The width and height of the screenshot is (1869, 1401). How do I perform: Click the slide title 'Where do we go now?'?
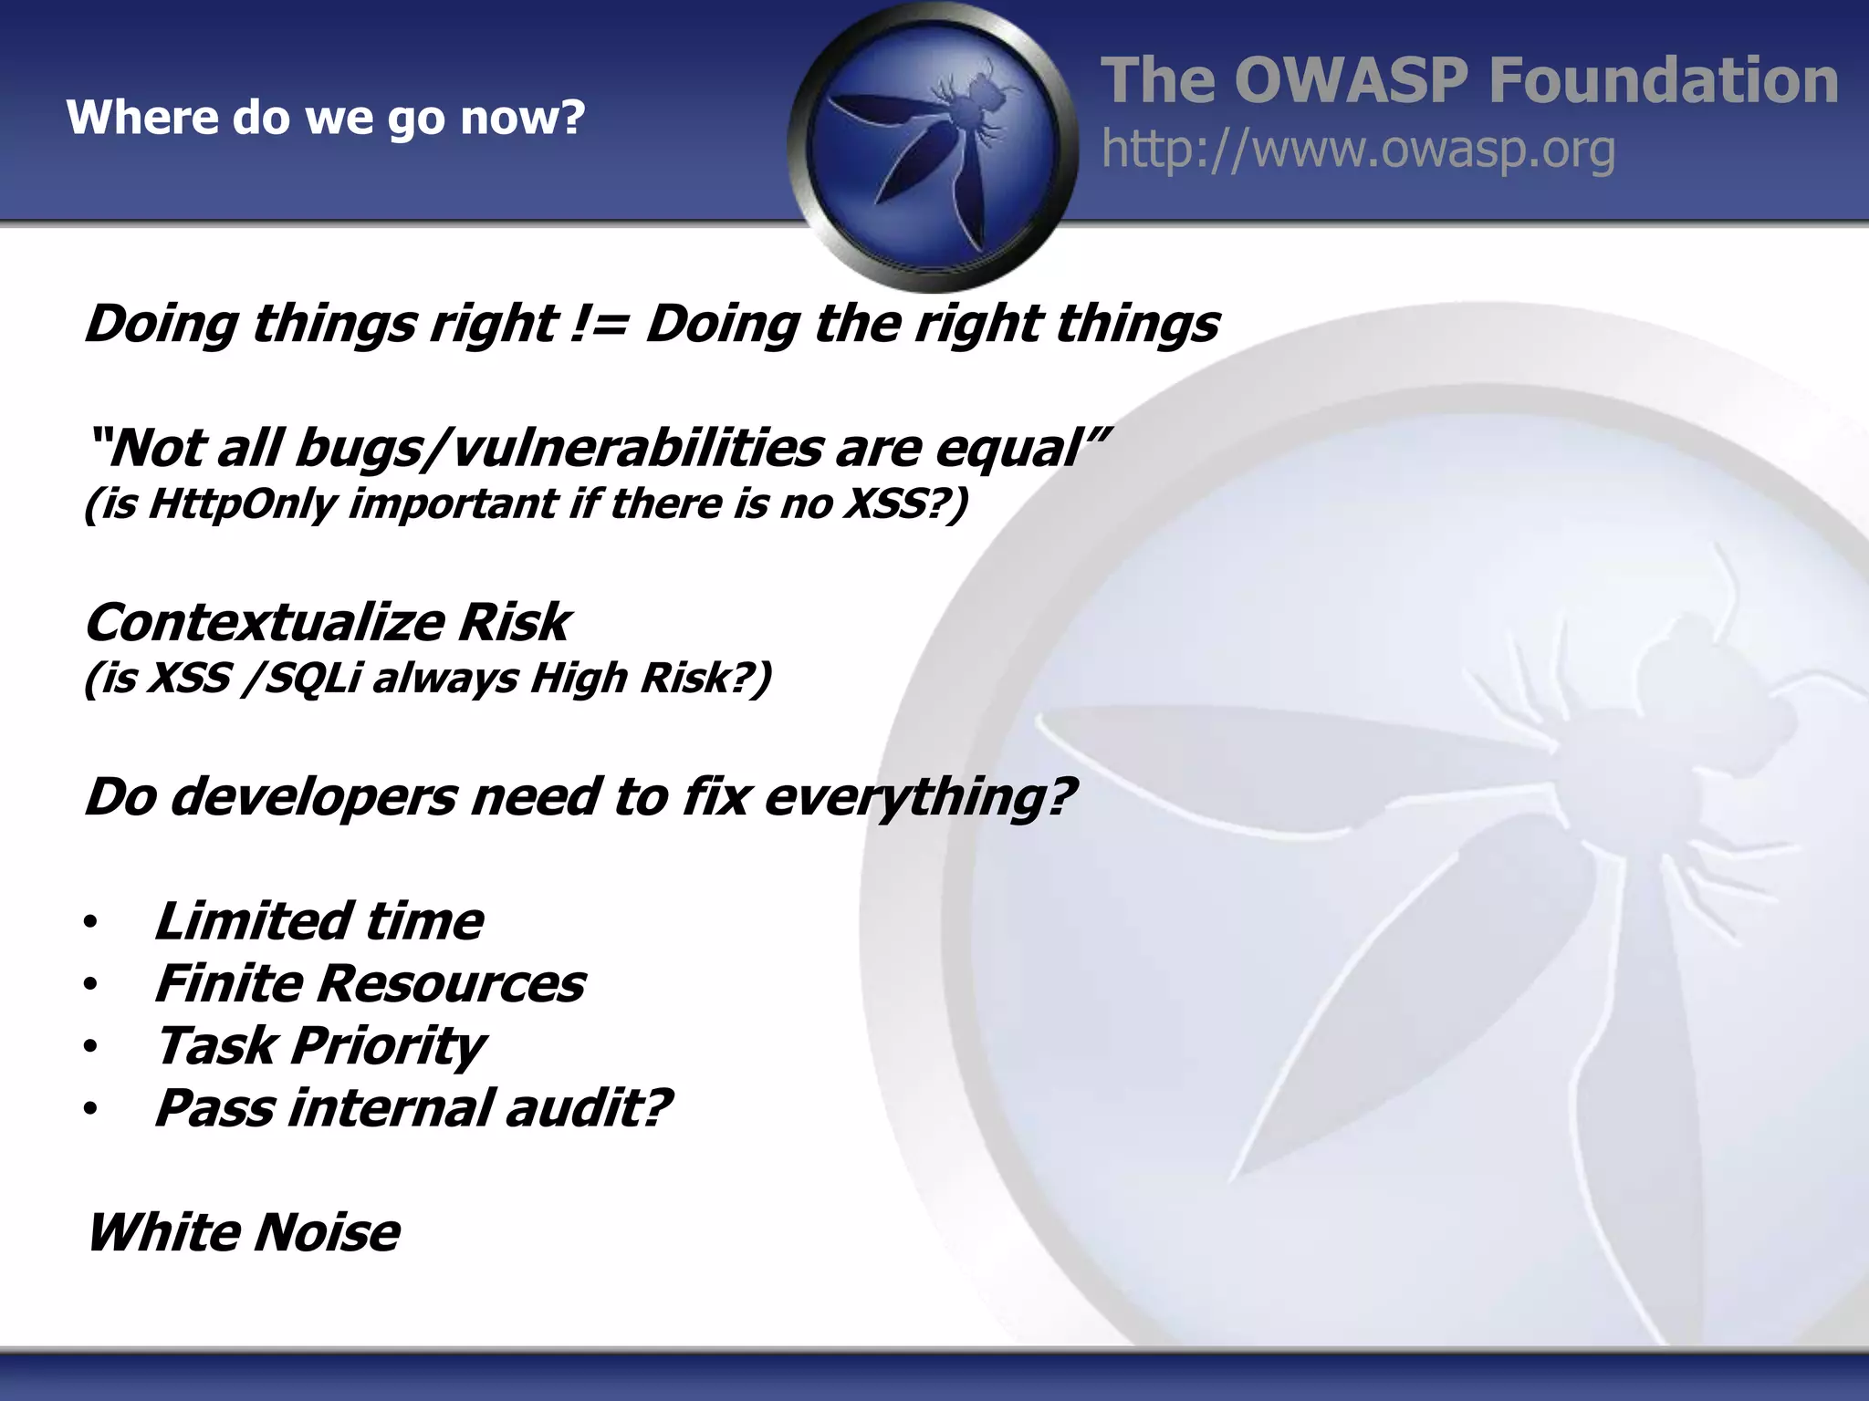(x=325, y=118)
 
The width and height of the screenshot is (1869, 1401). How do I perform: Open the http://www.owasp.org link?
(x=1358, y=150)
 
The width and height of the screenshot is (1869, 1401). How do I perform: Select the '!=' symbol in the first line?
(x=598, y=324)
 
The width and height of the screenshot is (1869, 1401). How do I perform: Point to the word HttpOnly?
(x=241, y=503)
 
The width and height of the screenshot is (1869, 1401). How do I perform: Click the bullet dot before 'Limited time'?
(x=89, y=923)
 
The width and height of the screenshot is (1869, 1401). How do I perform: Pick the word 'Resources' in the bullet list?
(x=451, y=984)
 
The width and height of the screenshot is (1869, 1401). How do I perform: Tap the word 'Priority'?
(x=388, y=1046)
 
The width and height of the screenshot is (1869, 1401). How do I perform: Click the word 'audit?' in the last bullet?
(x=589, y=1108)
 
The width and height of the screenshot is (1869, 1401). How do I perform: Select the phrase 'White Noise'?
(x=243, y=1232)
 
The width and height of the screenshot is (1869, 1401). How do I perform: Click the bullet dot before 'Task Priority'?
(x=89, y=1047)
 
